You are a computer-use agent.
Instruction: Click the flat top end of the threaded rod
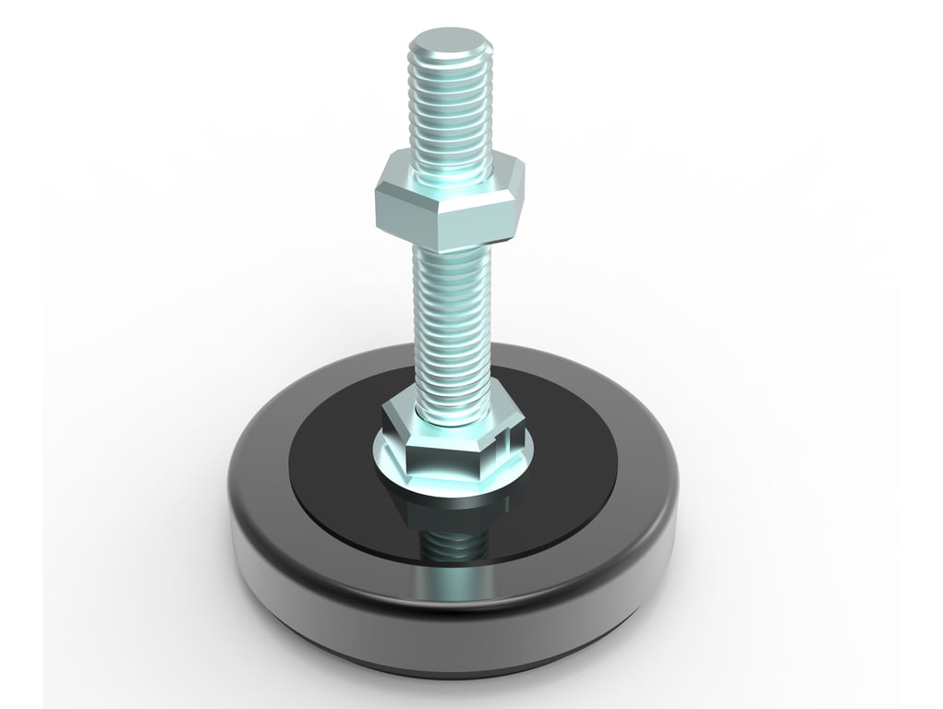pos(449,42)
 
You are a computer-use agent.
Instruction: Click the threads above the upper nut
pos(449,111)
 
